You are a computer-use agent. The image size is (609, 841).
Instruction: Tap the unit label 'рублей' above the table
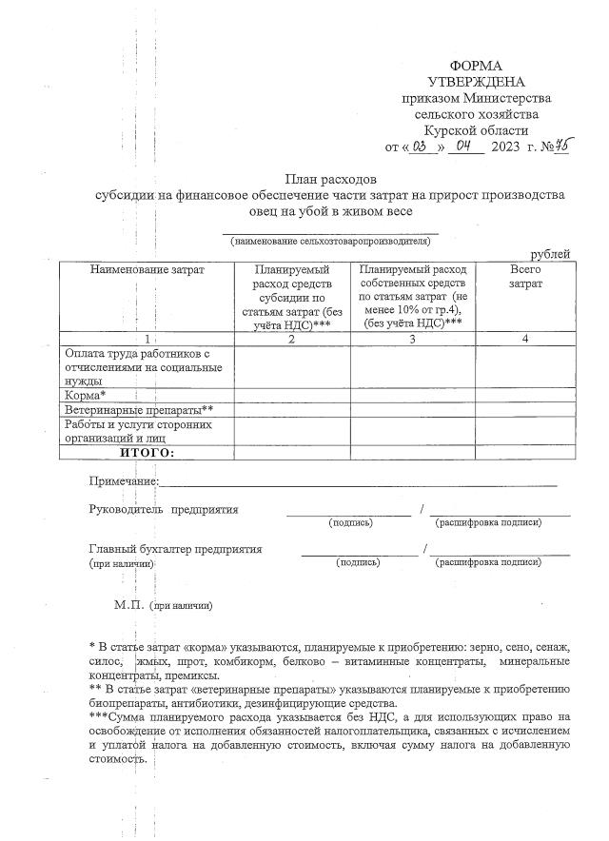tap(550, 254)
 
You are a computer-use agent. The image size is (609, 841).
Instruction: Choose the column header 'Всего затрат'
tap(524, 277)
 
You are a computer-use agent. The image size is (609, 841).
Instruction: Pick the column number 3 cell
tap(412, 339)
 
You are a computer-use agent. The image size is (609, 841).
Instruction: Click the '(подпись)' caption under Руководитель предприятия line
tap(350, 522)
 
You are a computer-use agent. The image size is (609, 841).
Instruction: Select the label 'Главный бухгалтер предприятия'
tap(175, 549)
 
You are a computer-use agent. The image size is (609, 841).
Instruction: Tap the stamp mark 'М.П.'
tap(128, 604)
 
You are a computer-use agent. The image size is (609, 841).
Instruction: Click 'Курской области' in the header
tap(476, 130)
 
